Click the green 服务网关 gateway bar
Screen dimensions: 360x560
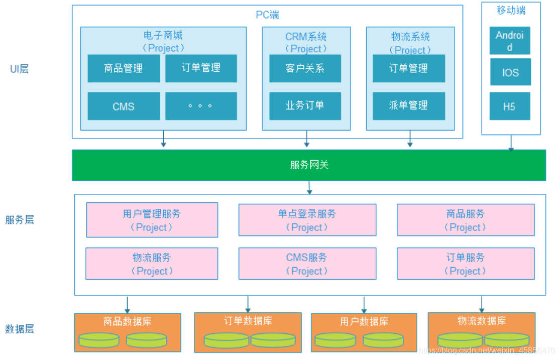(309, 165)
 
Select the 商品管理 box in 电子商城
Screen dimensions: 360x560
(124, 68)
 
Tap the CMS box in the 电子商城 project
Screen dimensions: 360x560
(124, 106)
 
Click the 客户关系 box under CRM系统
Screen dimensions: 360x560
(305, 68)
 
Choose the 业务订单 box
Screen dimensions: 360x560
(305, 105)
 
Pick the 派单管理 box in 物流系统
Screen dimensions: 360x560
(408, 105)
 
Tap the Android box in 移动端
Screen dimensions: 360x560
(510, 41)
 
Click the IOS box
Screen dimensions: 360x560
(510, 72)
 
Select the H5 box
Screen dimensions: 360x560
(510, 106)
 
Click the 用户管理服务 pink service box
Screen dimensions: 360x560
(152, 220)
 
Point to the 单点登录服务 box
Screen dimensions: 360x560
(307, 220)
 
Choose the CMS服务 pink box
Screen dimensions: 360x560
(307, 264)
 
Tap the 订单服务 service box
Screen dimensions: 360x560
(465, 264)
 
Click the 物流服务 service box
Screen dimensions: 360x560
(152, 264)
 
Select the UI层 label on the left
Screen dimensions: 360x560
(20, 69)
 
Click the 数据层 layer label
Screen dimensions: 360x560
(20, 329)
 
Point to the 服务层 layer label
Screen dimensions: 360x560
(20, 220)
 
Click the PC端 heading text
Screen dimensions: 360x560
(267, 15)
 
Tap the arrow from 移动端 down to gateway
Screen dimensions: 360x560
(511, 143)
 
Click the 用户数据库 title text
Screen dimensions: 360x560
(364, 321)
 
